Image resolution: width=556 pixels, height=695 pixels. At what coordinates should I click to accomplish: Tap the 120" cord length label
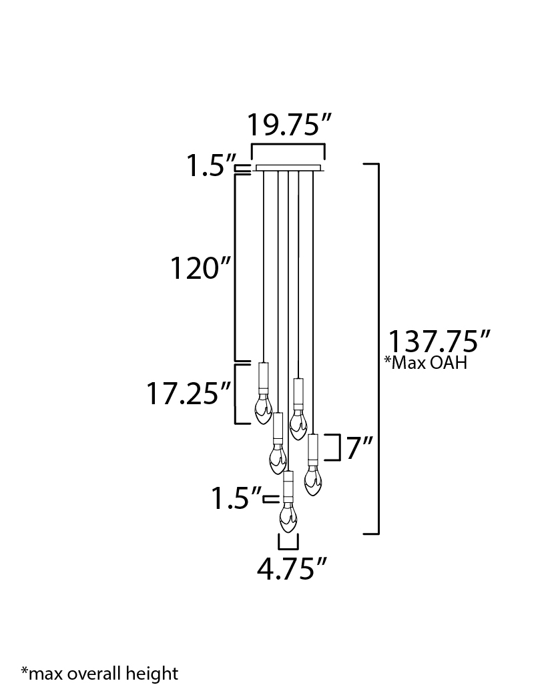(201, 267)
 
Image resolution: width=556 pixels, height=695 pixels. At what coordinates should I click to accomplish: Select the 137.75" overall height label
(439, 341)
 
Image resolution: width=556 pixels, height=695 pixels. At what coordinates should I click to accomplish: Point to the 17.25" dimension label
(189, 394)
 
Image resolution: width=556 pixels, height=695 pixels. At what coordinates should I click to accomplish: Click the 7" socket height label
(359, 448)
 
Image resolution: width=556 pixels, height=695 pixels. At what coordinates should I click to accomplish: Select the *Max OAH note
(426, 363)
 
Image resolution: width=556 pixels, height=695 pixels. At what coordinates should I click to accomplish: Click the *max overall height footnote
(99, 673)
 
